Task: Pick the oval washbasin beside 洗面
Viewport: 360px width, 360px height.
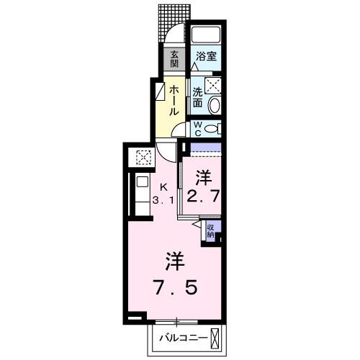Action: [215, 104]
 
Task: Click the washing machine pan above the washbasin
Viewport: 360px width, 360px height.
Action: [215, 86]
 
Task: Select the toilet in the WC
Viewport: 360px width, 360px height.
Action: [212, 129]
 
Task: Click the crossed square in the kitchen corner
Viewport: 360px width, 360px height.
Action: [143, 156]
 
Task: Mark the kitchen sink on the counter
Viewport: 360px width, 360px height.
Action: [141, 183]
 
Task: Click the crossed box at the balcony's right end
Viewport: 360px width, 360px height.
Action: [220, 337]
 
